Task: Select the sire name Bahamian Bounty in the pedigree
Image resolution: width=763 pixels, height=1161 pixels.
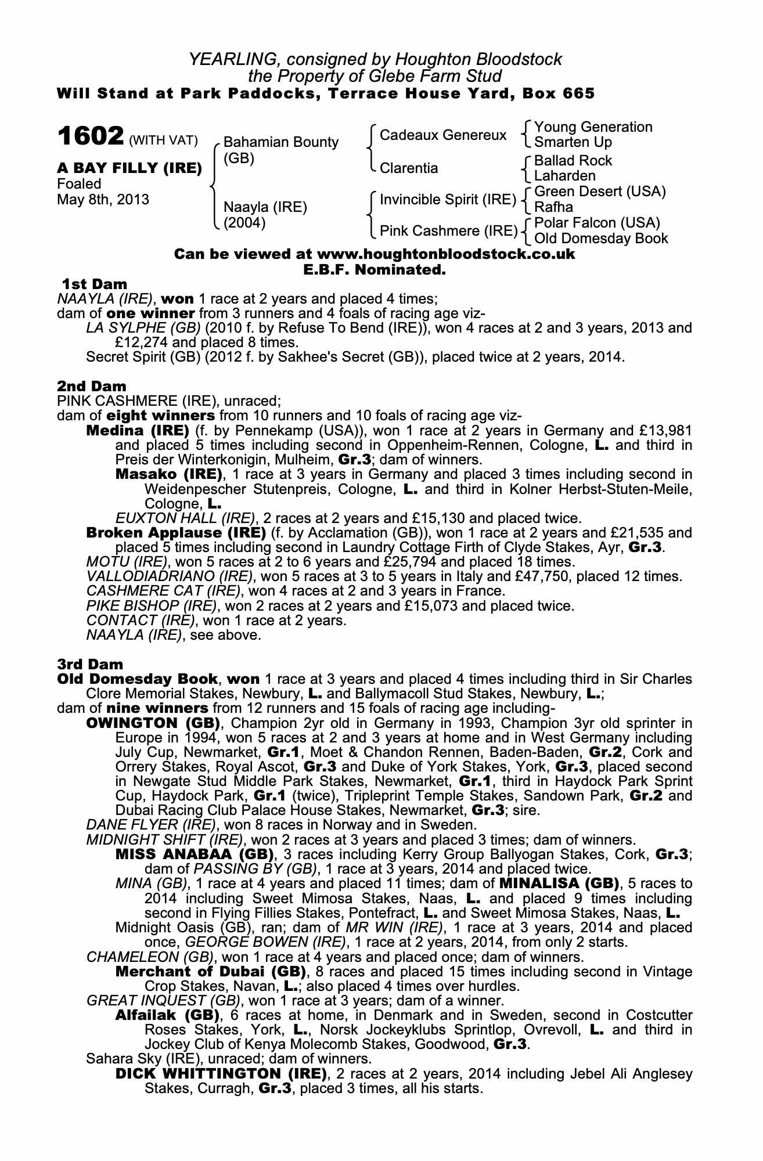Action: point(281,142)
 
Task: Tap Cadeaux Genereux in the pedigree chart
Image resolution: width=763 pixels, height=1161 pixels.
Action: point(443,135)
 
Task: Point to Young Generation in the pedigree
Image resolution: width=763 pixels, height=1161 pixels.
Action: point(593,127)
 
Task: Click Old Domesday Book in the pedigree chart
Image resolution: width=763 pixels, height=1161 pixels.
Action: point(601,238)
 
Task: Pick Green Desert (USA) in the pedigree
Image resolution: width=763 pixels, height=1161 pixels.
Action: point(600,192)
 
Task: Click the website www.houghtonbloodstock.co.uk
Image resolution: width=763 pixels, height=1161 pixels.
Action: point(446,254)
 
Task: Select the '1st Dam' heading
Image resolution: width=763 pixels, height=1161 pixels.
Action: point(94,284)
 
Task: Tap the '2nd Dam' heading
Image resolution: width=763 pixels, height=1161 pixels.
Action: point(92,386)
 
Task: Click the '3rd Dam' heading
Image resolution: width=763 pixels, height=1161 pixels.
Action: point(91,664)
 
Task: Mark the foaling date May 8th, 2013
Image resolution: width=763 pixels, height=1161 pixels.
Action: point(103,200)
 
